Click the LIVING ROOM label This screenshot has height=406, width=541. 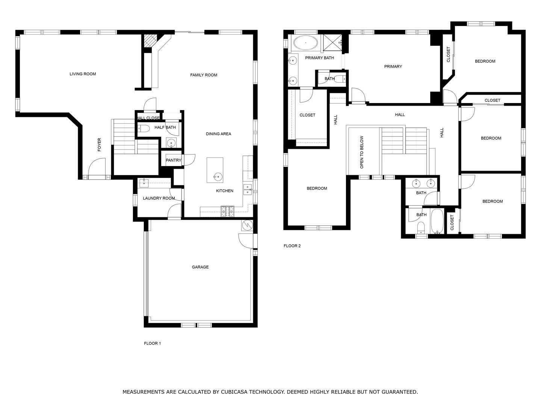[x=83, y=74]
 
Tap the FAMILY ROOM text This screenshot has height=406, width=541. [x=204, y=75]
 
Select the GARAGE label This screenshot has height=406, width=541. [x=200, y=267]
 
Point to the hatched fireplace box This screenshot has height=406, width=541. [x=150, y=41]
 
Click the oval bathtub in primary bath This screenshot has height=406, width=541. [x=305, y=43]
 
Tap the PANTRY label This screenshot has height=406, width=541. [x=174, y=160]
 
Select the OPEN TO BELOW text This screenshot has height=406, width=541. [x=362, y=152]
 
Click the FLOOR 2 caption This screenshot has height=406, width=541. [x=292, y=246]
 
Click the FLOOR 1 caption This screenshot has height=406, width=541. [x=152, y=343]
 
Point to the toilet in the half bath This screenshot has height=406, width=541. [x=144, y=128]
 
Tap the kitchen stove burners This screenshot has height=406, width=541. [x=228, y=212]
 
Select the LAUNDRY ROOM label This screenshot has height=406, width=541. [x=159, y=198]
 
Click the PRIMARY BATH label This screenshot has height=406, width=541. [x=319, y=58]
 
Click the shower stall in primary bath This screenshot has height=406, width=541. [x=332, y=43]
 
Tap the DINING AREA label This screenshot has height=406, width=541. [x=218, y=134]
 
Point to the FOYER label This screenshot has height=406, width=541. [x=99, y=145]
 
